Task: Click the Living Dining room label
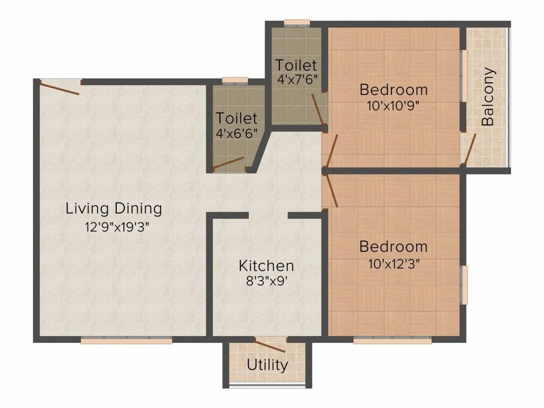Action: [114, 208]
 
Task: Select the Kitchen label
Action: [266, 265]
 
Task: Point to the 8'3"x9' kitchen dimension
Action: [266, 281]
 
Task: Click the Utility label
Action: [267, 365]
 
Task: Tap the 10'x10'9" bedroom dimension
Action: [393, 105]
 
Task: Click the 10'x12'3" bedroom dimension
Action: [393, 263]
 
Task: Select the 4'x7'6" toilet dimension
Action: [296, 80]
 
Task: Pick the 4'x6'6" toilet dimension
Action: [236, 133]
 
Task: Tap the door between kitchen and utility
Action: [270, 345]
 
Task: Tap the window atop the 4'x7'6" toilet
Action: [296, 23]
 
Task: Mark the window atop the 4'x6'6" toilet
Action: [235, 81]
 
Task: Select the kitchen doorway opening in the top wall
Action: [268, 215]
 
